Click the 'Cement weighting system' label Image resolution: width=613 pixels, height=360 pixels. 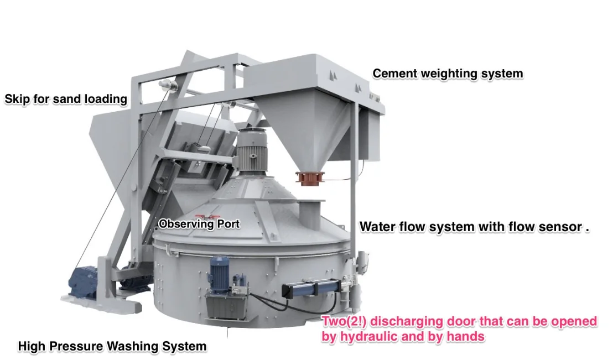447,74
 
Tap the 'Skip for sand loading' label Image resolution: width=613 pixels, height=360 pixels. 66,100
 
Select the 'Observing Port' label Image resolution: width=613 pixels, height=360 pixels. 199,225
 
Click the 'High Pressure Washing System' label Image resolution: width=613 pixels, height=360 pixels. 112,347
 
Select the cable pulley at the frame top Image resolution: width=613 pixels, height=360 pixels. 167,84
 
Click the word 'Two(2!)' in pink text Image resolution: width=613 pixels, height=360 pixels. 341,321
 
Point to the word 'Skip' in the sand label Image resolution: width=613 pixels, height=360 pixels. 17,100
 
